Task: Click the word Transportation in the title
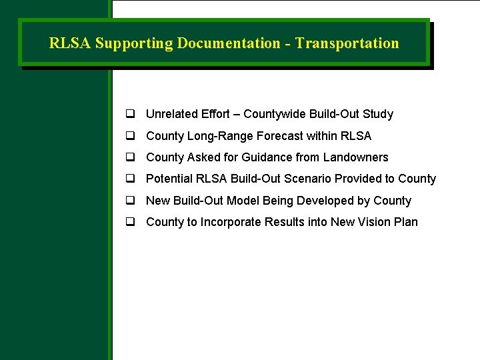pyautogui.click(x=347, y=43)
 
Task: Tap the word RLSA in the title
pyautogui.click(x=70, y=43)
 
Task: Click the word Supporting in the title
pyautogui.click(x=133, y=43)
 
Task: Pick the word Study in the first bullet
pyautogui.click(x=378, y=114)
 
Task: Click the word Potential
pyautogui.click(x=168, y=179)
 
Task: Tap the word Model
pyautogui.click(x=245, y=201)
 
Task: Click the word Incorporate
pyautogui.click(x=231, y=222)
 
